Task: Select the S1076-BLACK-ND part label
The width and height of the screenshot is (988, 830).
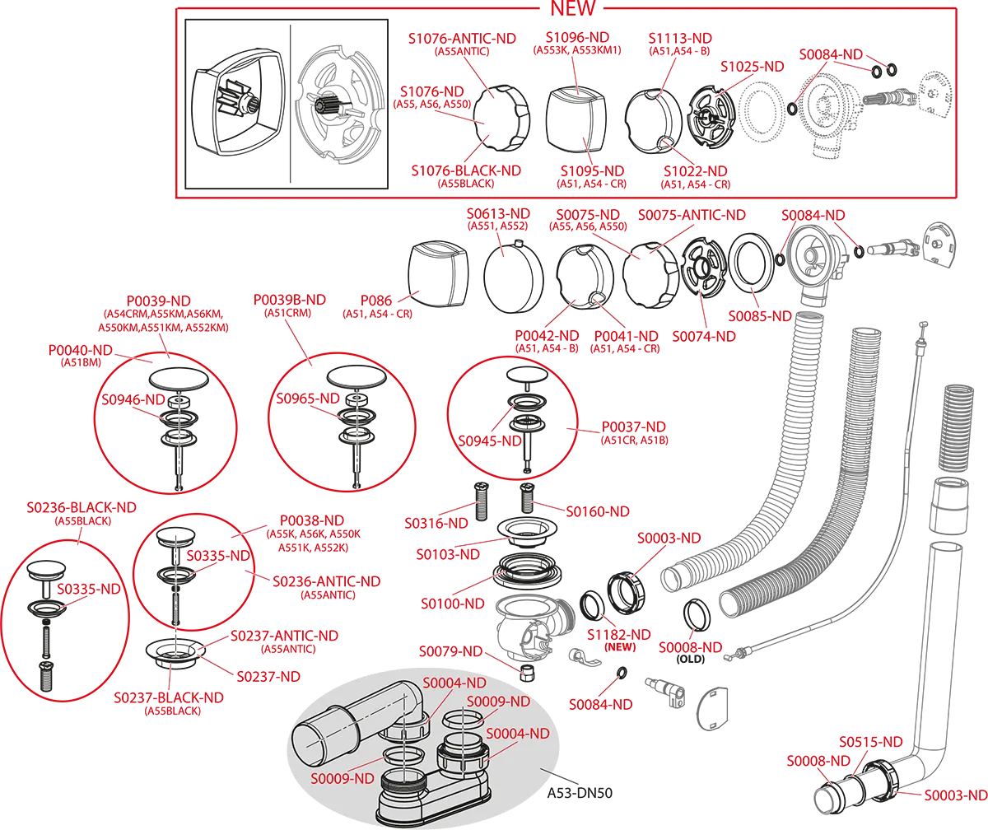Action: coord(467,170)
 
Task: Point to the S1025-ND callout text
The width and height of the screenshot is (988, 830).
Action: coord(753,65)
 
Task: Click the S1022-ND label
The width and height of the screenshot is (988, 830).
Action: coord(696,171)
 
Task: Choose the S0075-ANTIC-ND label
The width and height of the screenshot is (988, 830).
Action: coord(692,215)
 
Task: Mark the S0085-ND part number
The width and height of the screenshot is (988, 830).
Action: coord(759,315)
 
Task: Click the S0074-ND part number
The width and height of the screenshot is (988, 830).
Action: coord(703,337)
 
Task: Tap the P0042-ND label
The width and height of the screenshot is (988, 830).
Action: coord(547,337)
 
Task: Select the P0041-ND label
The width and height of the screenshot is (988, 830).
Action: coord(626,337)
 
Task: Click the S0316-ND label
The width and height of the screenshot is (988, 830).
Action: coord(436,522)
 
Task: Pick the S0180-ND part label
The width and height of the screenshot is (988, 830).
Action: coord(598,511)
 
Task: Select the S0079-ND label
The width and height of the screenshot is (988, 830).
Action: coord(450,651)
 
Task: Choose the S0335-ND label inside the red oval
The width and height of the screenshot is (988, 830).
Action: coord(91,590)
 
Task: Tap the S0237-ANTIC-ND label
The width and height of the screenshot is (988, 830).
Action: coord(285,636)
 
